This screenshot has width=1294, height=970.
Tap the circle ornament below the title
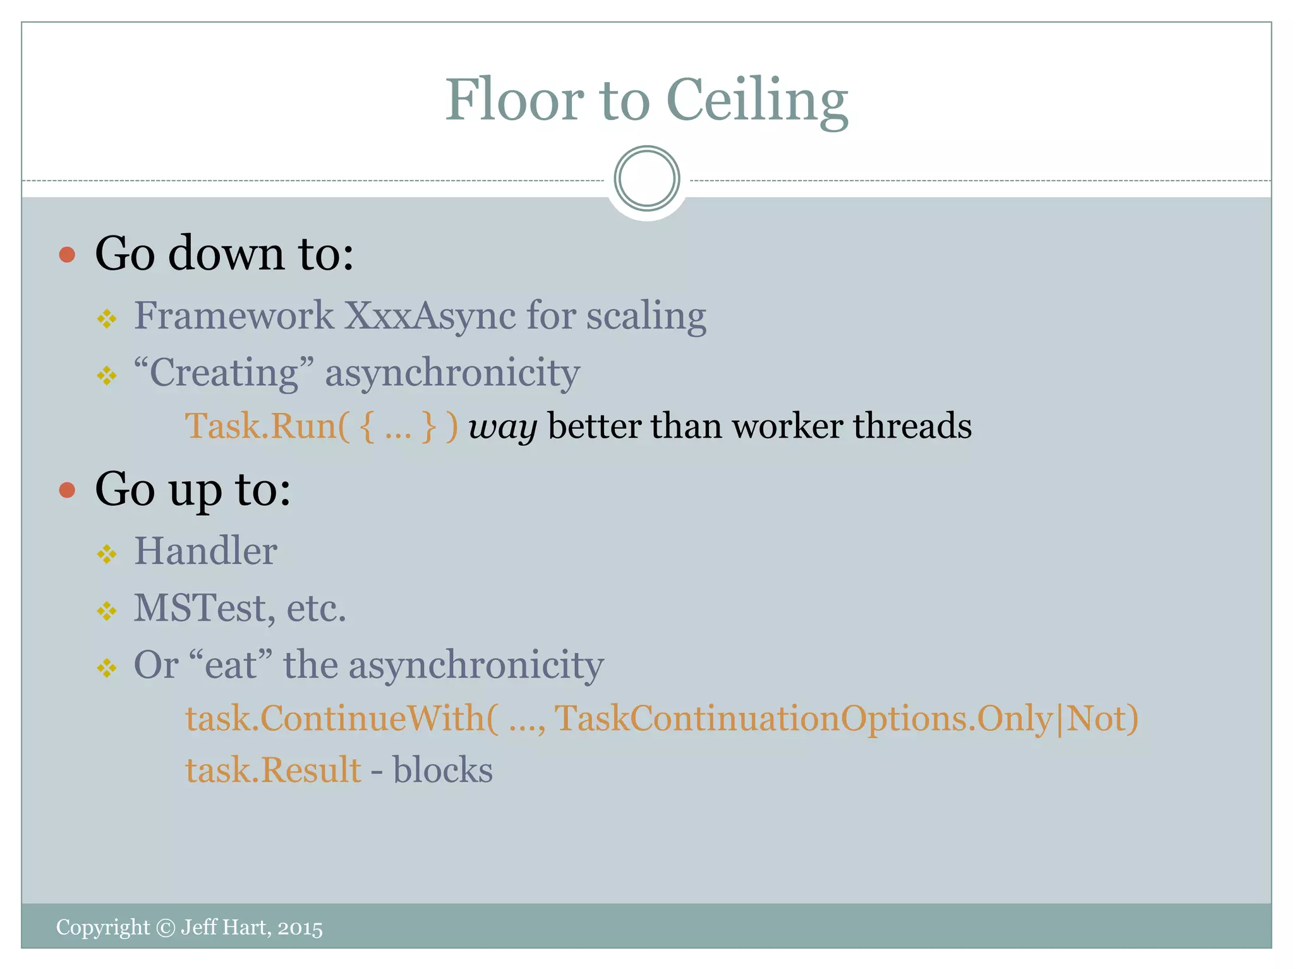point(646,179)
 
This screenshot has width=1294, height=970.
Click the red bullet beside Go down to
point(67,254)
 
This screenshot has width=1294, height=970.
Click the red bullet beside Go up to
point(67,490)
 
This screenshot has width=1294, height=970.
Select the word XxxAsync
point(430,316)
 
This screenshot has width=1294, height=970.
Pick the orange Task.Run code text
point(321,426)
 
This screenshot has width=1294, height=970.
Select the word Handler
point(205,551)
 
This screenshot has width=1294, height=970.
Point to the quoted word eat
point(230,665)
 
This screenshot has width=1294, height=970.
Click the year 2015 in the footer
point(300,928)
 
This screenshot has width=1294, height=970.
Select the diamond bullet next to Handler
point(107,554)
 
